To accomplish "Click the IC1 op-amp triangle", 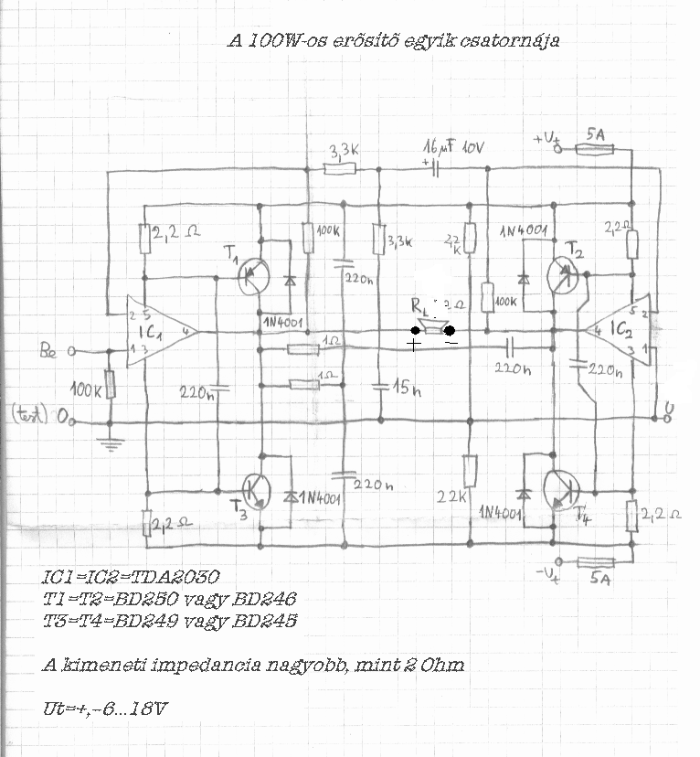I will pyautogui.click(x=155, y=331).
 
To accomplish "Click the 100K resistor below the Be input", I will pyautogui.click(x=111, y=384).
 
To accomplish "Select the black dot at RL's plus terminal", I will pyautogui.click(x=416, y=330).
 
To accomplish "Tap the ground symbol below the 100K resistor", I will pyautogui.click(x=111, y=445).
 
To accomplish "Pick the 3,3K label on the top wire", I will pyautogui.click(x=341, y=150).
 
